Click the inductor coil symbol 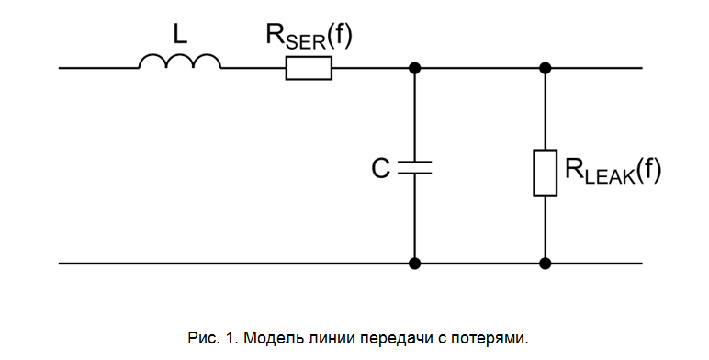pyautogui.click(x=180, y=62)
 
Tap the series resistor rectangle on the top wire pyautogui.click(x=309, y=68)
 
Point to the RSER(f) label pyautogui.click(x=309, y=38)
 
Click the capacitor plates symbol pyautogui.click(x=415, y=168)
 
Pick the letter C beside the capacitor pyautogui.click(x=380, y=168)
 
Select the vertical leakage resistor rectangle pyautogui.click(x=546, y=172)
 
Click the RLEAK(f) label pyautogui.click(x=613, y=172)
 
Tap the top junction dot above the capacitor pyautogui.click(x=415, y=68)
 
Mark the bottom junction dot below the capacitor pyautogui.click(x=415, y=264)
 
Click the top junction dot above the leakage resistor pyautogui.click(x=546, y=68)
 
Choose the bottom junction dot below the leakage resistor pyautogui.click(x=546, y=264)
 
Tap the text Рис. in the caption pyautogui.click(x=200, y=337)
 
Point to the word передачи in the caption pyautogui.click(x=399, y=337)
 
